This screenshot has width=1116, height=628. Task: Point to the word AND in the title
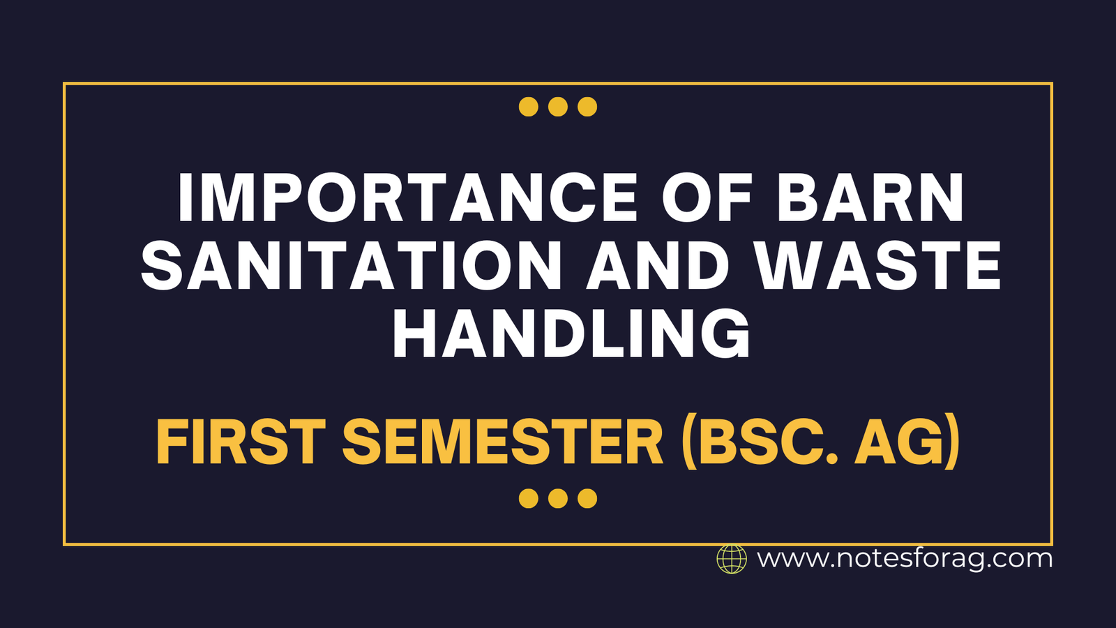pyautogui.click(x=657, y=265)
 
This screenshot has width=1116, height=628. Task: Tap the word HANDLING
pyautogui.click(x=571, y=334)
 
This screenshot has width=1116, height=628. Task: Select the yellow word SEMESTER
pyautogui.click(x=503, y=442)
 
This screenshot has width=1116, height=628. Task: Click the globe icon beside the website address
pyautogui.click(x=732, y=559)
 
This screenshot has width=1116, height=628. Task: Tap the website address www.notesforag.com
pyautogui.click(x=905, y=559)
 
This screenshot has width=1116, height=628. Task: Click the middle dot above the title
pyautogui.click(x=558, y=107)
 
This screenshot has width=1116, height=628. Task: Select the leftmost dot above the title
pyautogui.click(x=529, y=107)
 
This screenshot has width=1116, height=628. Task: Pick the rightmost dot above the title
pyautogui.click(x=587, y=107)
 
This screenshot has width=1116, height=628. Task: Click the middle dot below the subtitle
pyautogui.click(x=558, y=498)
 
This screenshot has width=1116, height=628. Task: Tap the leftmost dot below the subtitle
pyautogui.click(x=529, y=498)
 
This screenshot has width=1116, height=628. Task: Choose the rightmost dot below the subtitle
pyautogui.click(x=587, y=498)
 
